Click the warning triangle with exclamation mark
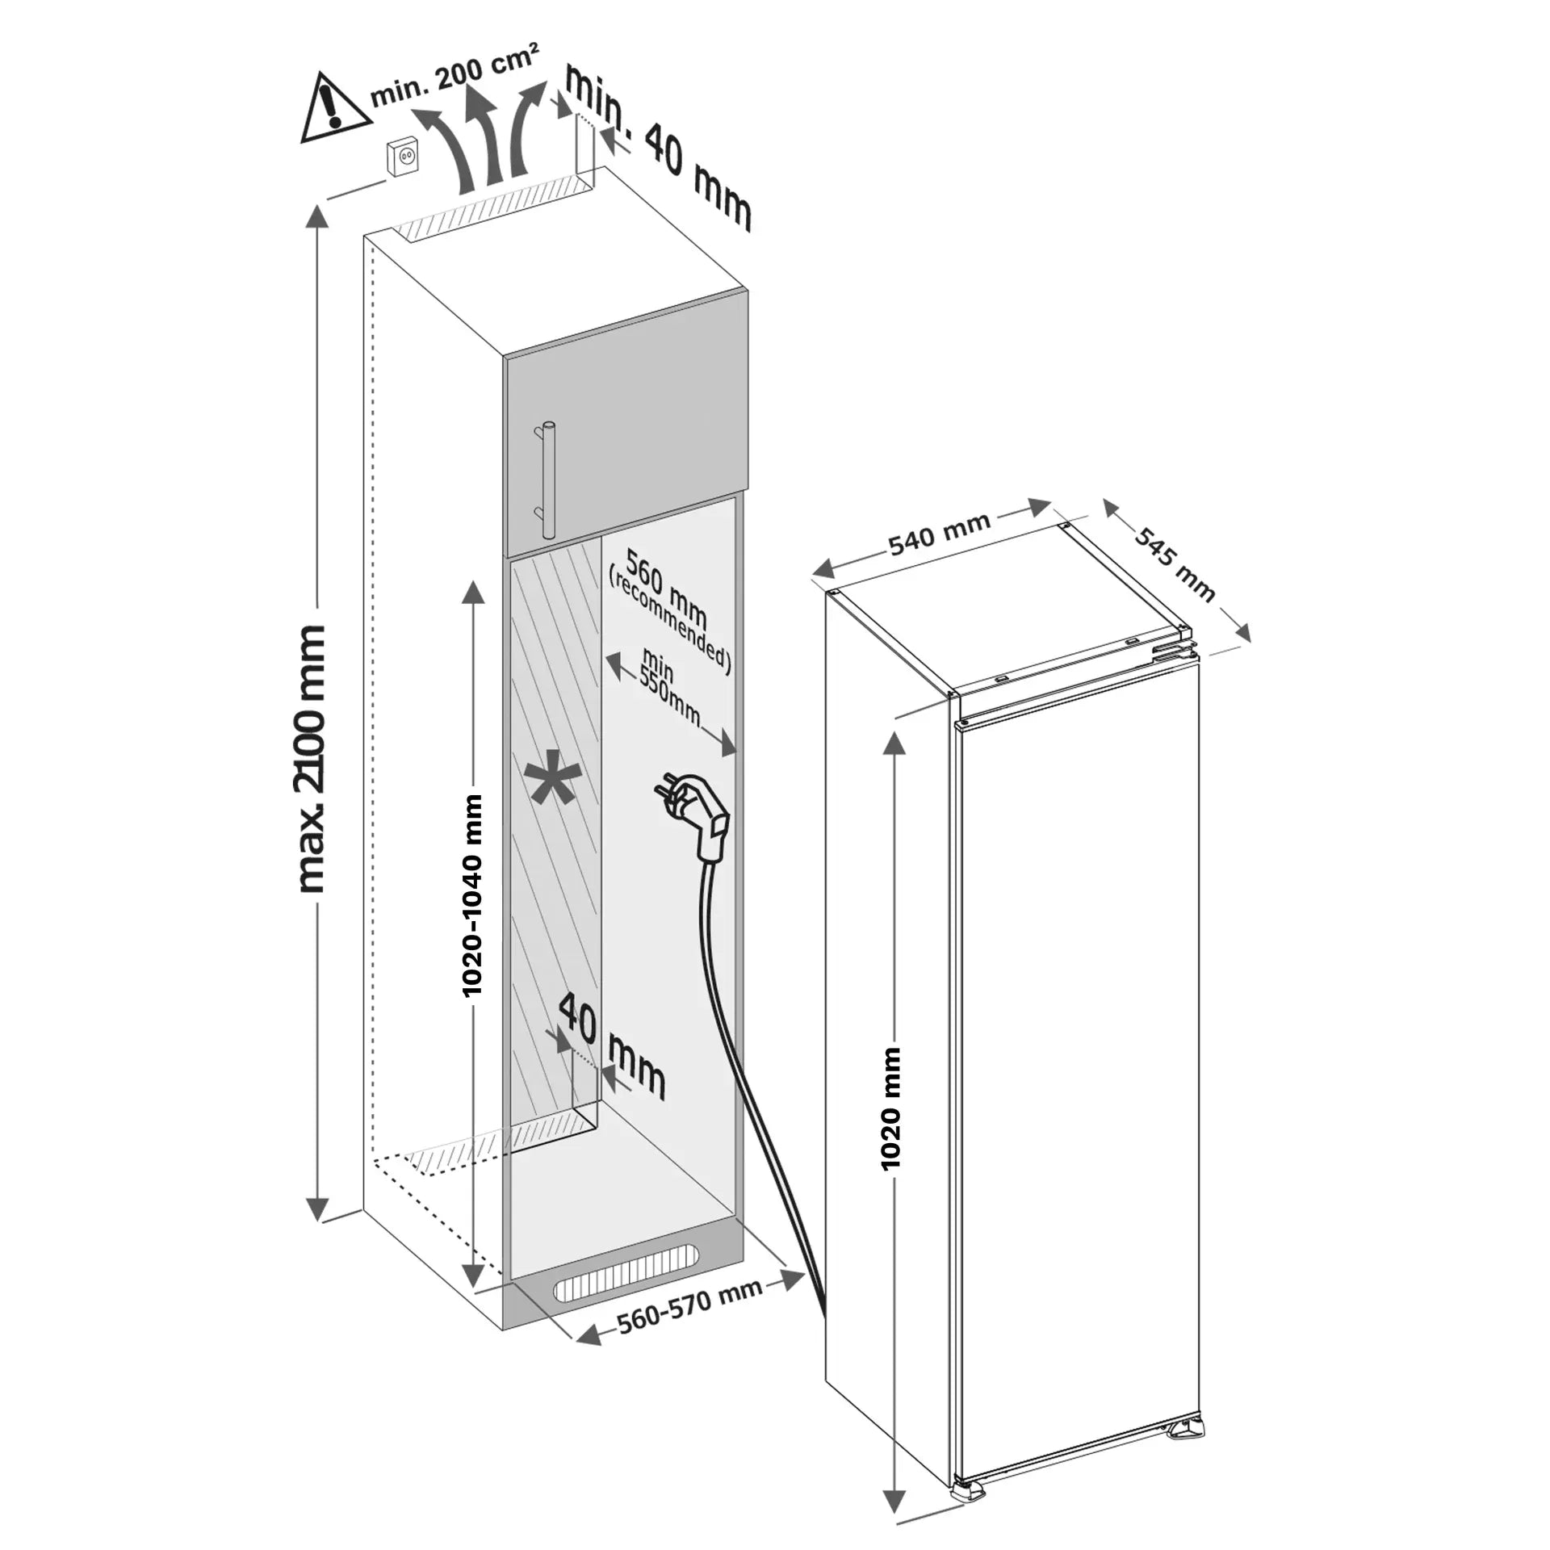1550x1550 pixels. tap(334, 110)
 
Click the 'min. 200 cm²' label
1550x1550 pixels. tap(455, 75)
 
